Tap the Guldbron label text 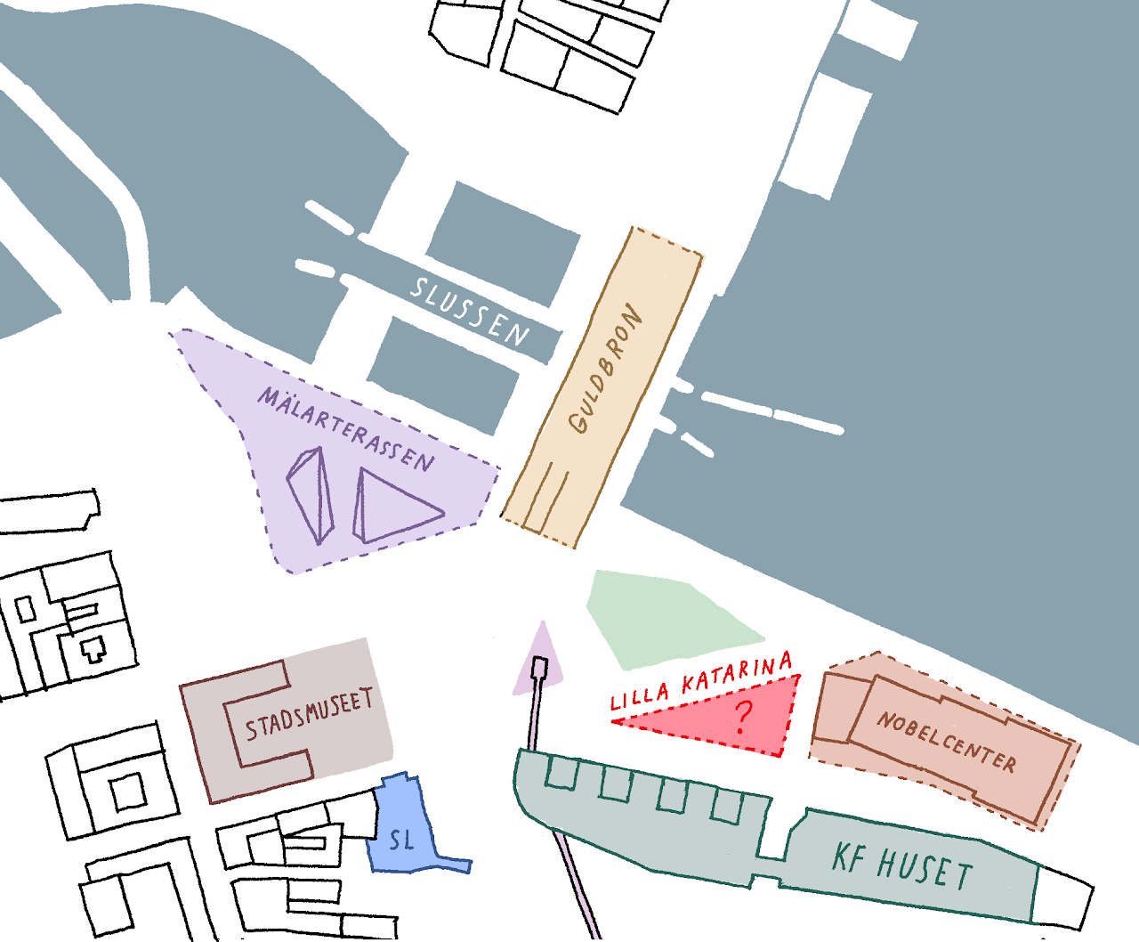(x=606, y=369)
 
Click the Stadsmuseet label (x=308, y=715)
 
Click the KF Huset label (x=901, y=865)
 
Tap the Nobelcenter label (x=946, y=742)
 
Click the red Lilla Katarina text (x=701, y=681)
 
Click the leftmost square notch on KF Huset (x=561, y=772)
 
